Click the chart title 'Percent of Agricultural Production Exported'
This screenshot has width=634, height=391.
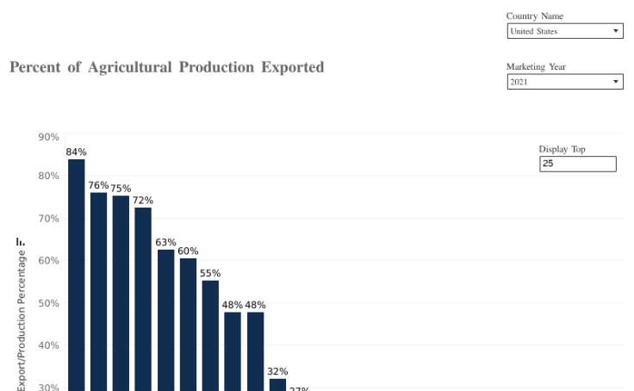click(x=166, y=67)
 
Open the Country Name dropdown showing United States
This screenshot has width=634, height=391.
click(x=564, y=31)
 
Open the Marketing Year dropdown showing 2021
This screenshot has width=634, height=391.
click(x=564, y=82)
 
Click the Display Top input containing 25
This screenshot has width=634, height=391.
click(x=577, y=164)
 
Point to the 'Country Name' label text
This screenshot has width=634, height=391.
click(x=535, y=16)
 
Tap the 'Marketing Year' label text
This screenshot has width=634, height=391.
click(x=536, y=67)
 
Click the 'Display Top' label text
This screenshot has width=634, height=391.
click(x=562, y=149)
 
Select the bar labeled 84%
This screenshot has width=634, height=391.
click(x=77, y=276)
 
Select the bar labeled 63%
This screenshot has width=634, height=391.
click(x=165, y=320)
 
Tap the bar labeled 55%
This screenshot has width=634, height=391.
click(x=210, y=335)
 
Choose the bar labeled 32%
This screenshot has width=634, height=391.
click(x=277, y=385)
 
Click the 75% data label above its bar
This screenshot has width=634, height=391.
click(x=121, y=189)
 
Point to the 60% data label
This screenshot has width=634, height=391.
click(x=188, y=251)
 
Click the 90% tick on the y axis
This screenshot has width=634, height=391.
click(x=48, y=137)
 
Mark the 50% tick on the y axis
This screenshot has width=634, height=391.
click(x=48, y=303)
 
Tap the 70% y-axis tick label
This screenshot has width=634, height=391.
click(x=48, y=219)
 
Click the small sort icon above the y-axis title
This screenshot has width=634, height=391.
click(x=20, y=242)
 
